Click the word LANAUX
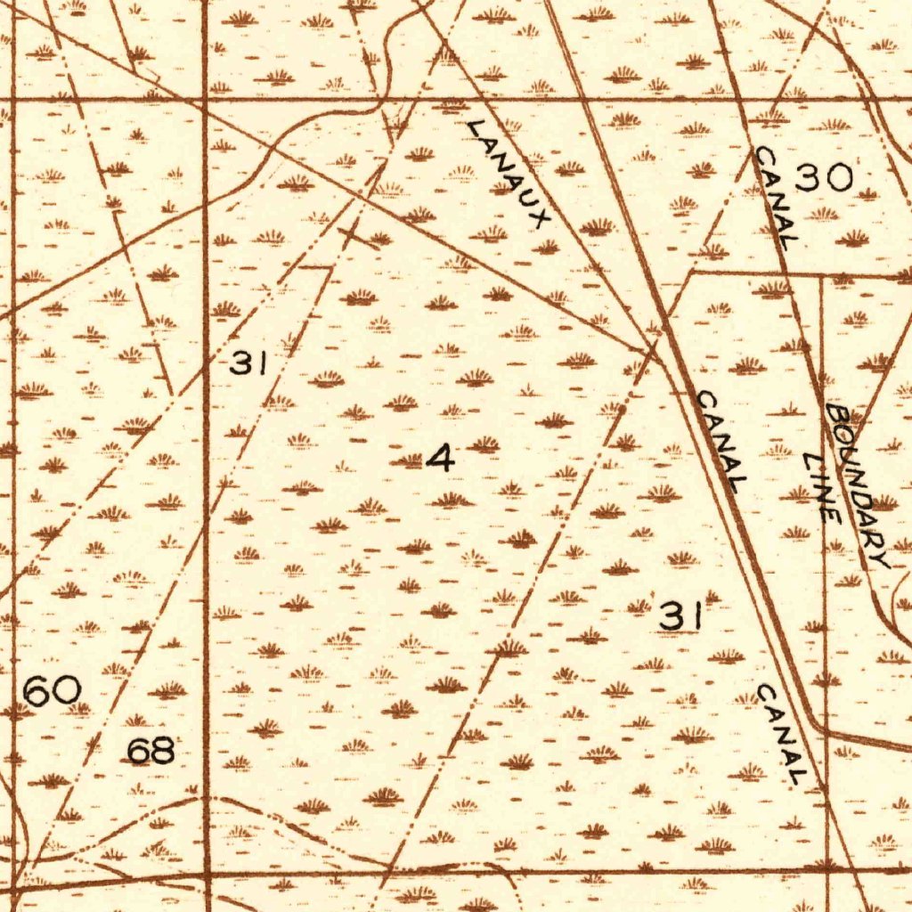click(509, 173)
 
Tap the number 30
click(824, 179)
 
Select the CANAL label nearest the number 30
click(774, 197)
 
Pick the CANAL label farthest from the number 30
click(783, 736)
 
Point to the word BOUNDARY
click(857, 486)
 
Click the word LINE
click(820, 487)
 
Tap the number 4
click(441, 459)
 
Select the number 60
click(53, 691)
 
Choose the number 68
click(151, 752)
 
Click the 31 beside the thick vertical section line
click(249, 362)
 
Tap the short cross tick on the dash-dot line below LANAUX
click(356, 235)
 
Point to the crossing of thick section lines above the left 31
click(206, 100)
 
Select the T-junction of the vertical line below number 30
click(820, 277)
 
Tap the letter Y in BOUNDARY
click(881, 559)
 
